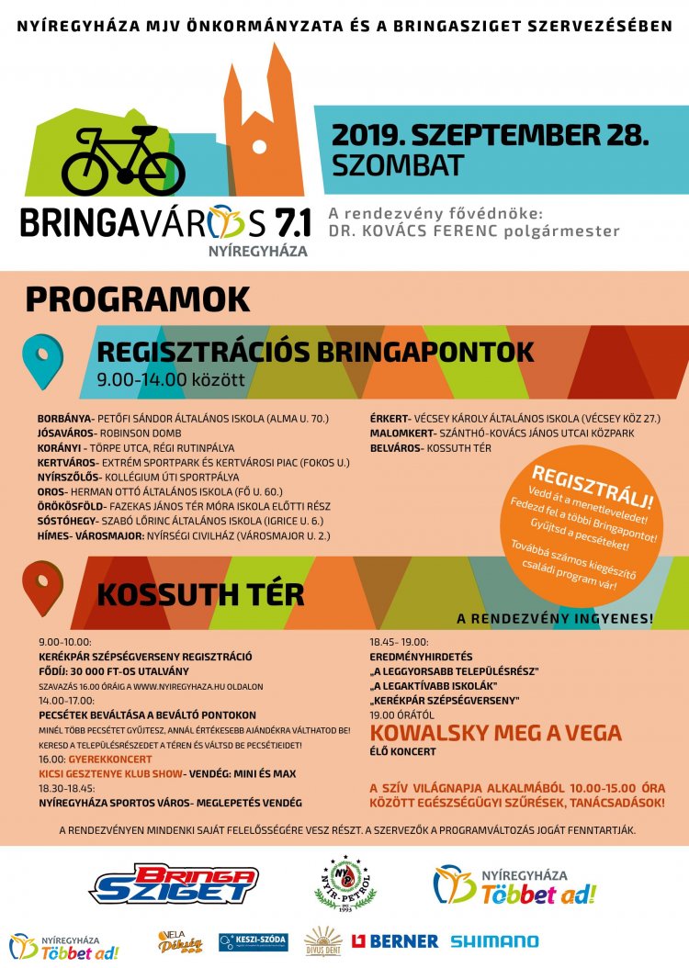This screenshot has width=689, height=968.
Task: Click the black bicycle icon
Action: click(x=123, y=162)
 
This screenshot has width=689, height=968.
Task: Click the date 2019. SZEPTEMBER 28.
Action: click(x=490, y=135)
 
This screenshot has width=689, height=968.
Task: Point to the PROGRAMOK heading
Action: click(x=138, y=298)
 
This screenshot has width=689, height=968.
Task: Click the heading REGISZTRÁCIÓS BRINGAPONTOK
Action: click(x=315, y=351)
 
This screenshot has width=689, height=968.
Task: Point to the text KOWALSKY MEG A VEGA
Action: click(x=495, y=733)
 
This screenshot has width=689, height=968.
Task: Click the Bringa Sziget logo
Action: click(x=174, y=884)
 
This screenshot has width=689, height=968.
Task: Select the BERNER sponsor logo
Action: click(x=396, y=941)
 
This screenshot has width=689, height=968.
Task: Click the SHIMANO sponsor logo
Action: click(x=494, y=941)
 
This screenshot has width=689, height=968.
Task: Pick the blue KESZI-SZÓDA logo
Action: click(x=253, y=941)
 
